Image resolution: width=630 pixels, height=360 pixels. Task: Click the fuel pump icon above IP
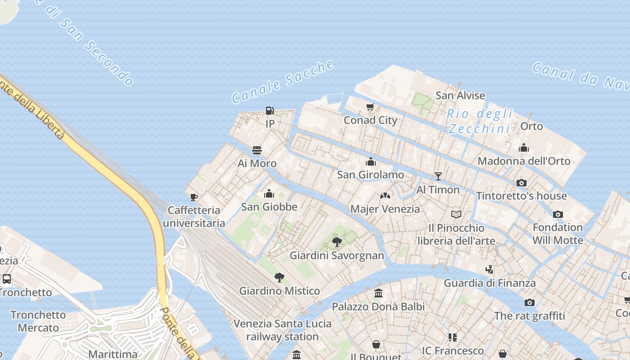tap(270, 111)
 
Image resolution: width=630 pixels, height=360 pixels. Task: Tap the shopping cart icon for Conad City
tap(370, 107)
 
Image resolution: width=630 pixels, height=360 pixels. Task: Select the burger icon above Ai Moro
tap(257, 150)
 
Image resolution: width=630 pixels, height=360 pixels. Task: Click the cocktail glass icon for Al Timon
tap(438, 176)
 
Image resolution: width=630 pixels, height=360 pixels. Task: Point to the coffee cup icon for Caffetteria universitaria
tap(194, 197)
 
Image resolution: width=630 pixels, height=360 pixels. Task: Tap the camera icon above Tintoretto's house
tap(522, 183)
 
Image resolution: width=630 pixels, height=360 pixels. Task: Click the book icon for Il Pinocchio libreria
tap(456, 214)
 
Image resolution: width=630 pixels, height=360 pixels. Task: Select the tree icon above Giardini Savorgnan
tap(337, 242)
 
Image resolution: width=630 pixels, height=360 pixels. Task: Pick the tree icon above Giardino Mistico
tap(279, 277)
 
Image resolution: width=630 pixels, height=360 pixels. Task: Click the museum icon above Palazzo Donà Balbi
tap(378, 293)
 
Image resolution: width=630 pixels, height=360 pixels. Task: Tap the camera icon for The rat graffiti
tap(530, 302)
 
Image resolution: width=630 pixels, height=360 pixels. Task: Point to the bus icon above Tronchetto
tap(7, 279)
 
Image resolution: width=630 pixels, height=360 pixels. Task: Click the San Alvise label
tap(460, 95)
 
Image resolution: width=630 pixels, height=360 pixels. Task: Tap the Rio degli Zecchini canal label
tap(480, 121)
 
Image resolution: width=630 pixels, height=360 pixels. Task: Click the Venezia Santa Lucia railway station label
tap(282, 330)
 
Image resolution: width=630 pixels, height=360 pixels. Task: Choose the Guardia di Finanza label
tap(490, 283)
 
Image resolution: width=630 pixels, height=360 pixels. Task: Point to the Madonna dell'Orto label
tap(524, 161)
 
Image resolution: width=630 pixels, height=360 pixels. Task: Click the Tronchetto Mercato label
tap(38, 321)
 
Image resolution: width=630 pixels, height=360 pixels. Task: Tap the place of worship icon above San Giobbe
tap(269, 194)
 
